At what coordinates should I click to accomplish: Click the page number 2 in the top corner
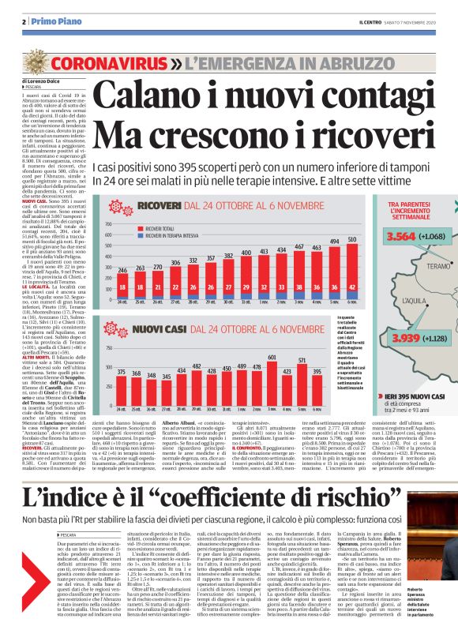24,21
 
